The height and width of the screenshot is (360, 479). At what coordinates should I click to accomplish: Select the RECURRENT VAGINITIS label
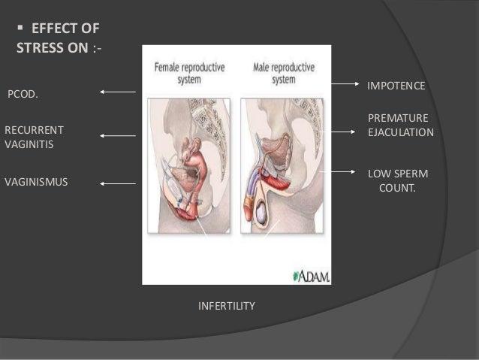[35, 136]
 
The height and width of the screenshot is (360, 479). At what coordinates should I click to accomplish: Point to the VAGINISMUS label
[36, 181]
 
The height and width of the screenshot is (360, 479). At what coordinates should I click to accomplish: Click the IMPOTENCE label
[396, 87]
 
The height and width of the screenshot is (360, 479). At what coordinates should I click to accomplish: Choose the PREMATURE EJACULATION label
[400, 126]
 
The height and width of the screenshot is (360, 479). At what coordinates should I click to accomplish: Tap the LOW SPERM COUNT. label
[397, 180]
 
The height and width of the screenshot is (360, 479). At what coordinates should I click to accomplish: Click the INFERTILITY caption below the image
[227, 306]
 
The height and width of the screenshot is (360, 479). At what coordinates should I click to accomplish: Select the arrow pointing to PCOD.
[117, 92]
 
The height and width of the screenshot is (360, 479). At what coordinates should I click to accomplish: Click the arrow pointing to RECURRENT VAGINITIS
[117, 136]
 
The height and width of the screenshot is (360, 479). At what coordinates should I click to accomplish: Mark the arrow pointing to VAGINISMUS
[117, 183]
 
